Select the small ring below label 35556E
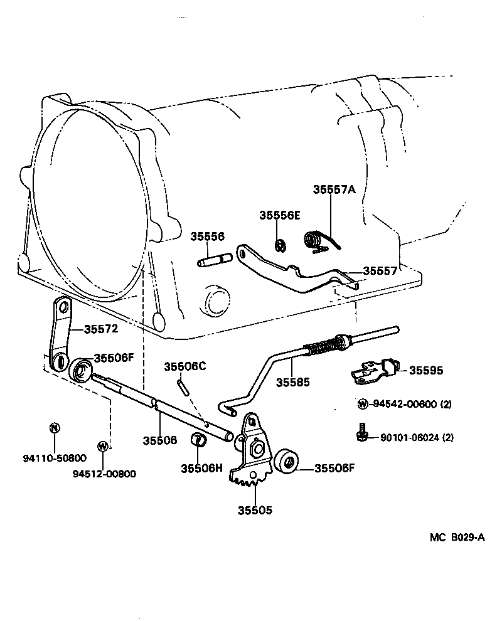tap(281, 243)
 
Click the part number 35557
tap(380, 271)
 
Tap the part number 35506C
tap(184, 366)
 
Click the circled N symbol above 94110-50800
tap(55, 428)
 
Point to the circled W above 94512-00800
tap(102, 446)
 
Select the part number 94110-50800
tap(55, 458)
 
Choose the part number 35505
tap(255, 510)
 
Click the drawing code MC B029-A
tap(457, 537)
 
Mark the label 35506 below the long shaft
tap(161, 440)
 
